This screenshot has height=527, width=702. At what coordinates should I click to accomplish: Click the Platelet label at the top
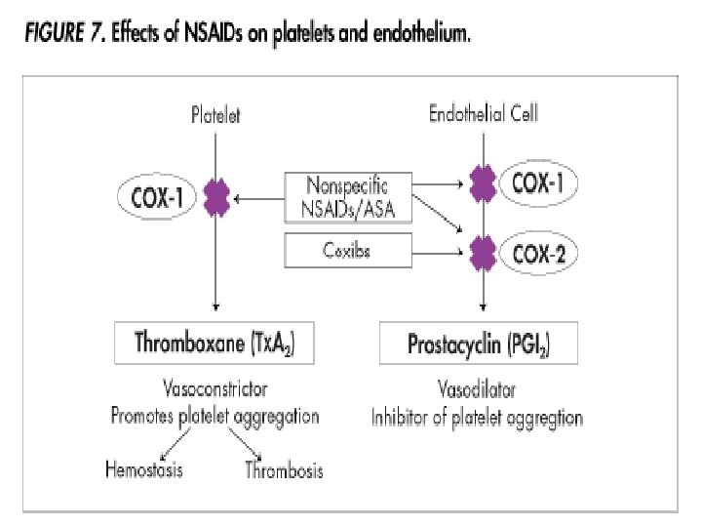coord(214,115)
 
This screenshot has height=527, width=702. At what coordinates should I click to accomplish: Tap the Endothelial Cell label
coord(484,114)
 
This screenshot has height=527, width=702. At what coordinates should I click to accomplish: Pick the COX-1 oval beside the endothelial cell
coord(537,182)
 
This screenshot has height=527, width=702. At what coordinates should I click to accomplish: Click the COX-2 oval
coord(538,256)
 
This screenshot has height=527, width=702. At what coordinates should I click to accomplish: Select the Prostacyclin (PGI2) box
coord(477,344)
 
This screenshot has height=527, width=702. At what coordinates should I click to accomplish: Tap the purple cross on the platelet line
coord(214,199)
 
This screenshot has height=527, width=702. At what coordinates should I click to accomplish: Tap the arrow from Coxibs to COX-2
coord(439,254)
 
